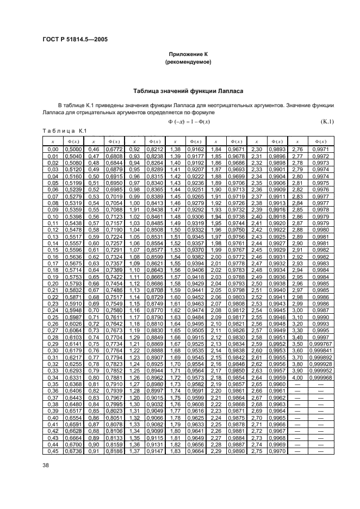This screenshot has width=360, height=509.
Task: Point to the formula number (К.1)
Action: [326, 121]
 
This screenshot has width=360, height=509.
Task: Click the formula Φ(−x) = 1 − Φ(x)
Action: [189, 121]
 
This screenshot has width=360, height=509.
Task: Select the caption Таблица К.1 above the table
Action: [64, 130]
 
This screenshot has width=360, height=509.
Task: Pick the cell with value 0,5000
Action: [73, 148]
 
